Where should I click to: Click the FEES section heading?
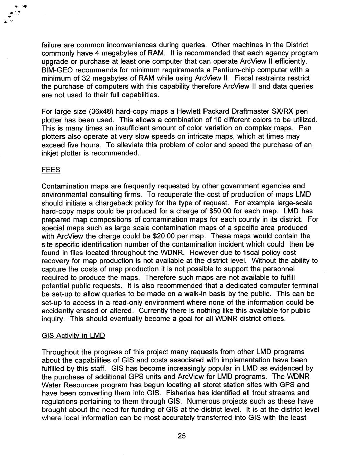[51, 170]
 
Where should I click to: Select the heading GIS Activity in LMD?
[73, 336]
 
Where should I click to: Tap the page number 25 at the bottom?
[182, 436]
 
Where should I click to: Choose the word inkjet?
[50, 153]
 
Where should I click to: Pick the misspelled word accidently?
[58, 310]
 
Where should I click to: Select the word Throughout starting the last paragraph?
[60, 352]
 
